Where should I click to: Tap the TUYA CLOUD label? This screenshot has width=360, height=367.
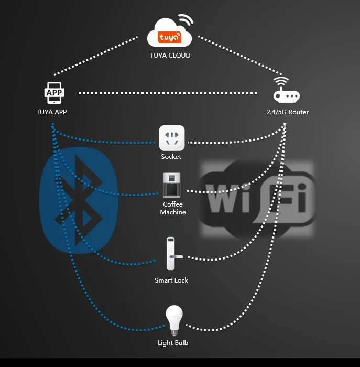coord(170,56)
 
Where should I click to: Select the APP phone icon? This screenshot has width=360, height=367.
coord(54,93)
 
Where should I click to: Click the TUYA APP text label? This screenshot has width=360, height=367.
coord(51,112)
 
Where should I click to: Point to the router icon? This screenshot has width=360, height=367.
coord(286,92)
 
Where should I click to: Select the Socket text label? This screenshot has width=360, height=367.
coord(171,157)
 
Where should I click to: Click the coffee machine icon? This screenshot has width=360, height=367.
coord(172,186)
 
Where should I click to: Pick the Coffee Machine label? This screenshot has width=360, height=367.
coord(173,208)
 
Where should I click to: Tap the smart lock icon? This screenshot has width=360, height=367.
coord(171,254)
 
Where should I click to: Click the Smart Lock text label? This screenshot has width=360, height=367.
coord(171,280)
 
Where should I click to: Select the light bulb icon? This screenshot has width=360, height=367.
coord(173,320)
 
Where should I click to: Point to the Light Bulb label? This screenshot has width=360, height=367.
coord(173,343)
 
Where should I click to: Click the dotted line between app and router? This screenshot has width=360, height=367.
coord(170,94)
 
